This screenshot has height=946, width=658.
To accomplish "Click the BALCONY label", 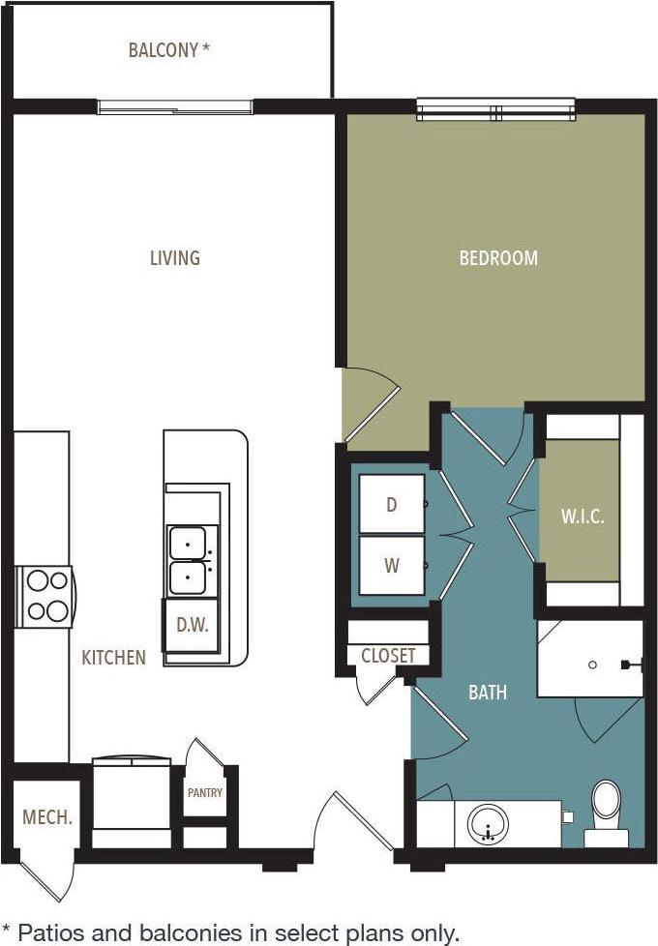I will (x=168, y=49).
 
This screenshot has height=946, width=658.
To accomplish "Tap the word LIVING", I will (x=174, y=257).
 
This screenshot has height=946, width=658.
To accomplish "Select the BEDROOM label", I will (x=498, y=258).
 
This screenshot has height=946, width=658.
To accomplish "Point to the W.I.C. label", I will (x=583, y=517).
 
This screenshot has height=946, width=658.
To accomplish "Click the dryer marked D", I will (x=391, y=505).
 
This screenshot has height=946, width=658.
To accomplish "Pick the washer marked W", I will (x=391, y=566).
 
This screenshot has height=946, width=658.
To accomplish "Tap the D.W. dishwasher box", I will (x=193, y=625).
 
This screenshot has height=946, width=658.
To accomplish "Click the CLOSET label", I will (x=388, y=656).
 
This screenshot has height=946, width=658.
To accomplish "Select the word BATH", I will (x=488, y=693).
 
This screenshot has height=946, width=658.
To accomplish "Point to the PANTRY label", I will (x=204, y=793).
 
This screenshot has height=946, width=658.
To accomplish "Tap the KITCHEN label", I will (x=113, y=658).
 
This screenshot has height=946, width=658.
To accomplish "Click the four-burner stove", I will (x=45, y=596).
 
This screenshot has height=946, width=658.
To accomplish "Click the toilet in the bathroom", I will (x=608, y=808).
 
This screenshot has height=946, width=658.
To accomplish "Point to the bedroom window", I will (x=495, y=110).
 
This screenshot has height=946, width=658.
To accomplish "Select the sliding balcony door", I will (x=175, y=106).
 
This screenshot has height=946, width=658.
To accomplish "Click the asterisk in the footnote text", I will (x=7, y=931).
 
